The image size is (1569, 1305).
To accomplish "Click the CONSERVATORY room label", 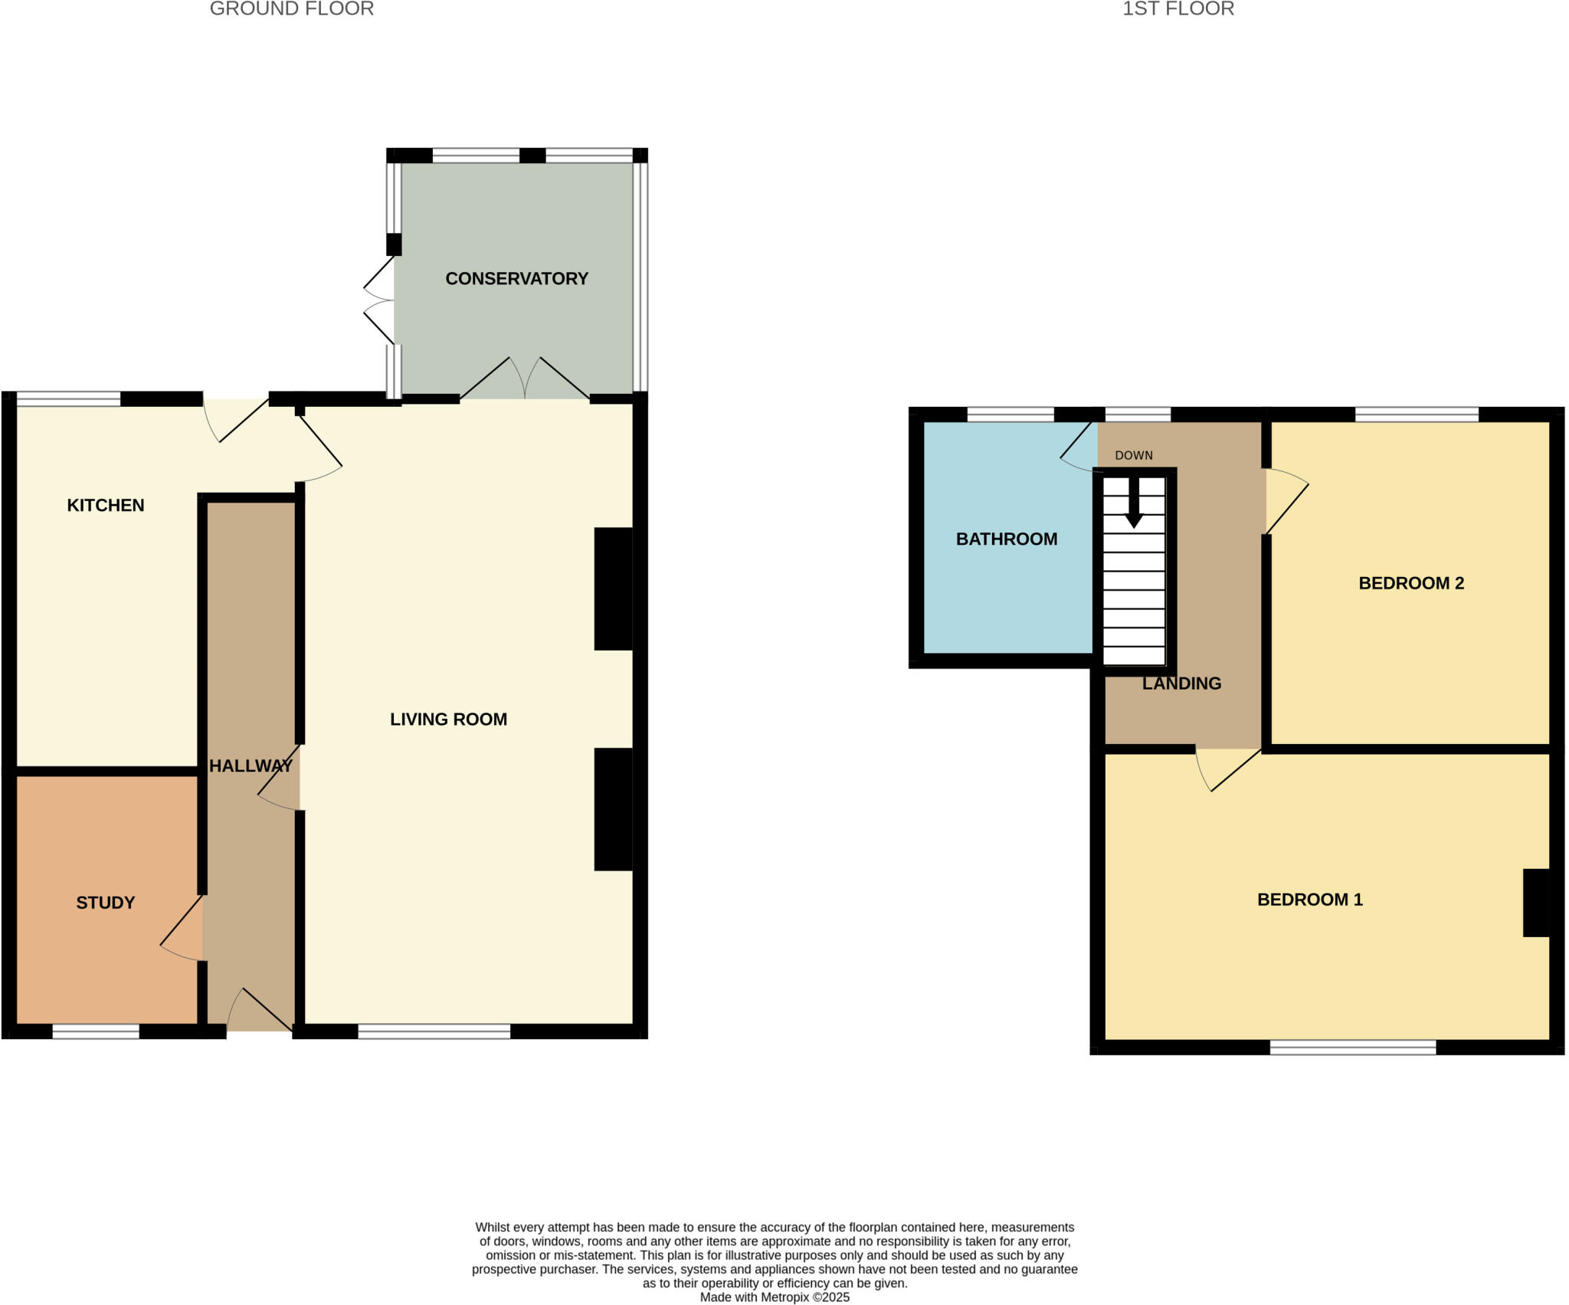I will pyautogui.click(x=516, y=279).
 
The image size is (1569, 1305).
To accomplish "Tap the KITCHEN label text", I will pyautogui.click(x=106, y=506).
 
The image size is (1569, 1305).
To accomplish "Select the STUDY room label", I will pyautogui.click(x=106, y=903).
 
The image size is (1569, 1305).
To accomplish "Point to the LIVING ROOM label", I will pyautogui.click(x=448, y=720).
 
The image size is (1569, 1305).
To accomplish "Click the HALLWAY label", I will pyautogui.click(x=251, y=766).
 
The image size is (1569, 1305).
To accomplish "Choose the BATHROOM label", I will pyautogui.click(x=1007, y=539).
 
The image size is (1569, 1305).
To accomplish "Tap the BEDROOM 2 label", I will pyautogui.click(x=1411, y=583).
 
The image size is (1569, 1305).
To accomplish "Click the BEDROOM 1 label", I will pyautogui.click(x=1310, y=900).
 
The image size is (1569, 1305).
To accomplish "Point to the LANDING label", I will pyautogui.click(x=1181, y=684).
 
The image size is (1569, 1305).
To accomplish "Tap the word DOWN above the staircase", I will pyautogui.click(x=1134, y=455).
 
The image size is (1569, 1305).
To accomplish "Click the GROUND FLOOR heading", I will pyautogui.click(x=292, y=9).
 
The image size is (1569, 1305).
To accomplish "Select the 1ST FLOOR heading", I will pyautogui.click(x=1178, y=9).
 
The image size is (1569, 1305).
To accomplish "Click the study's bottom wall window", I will pyautogui.click(x=96, y=1032).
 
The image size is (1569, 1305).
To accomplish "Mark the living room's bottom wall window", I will pyautogui.click(x=434, y=1032).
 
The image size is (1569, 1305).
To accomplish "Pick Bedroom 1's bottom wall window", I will pyautogui.click(x=1353, y=1048).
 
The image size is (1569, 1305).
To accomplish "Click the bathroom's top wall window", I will pyautogui.click(x=1011, y=415).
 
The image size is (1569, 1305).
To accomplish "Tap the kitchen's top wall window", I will pyautogui.click(x=69, y=398).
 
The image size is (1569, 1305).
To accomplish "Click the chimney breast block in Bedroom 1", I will pyautogui.click(x=1536, y=903).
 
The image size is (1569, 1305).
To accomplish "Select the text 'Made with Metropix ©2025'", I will pyautogui.click(x=775, y=1297).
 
